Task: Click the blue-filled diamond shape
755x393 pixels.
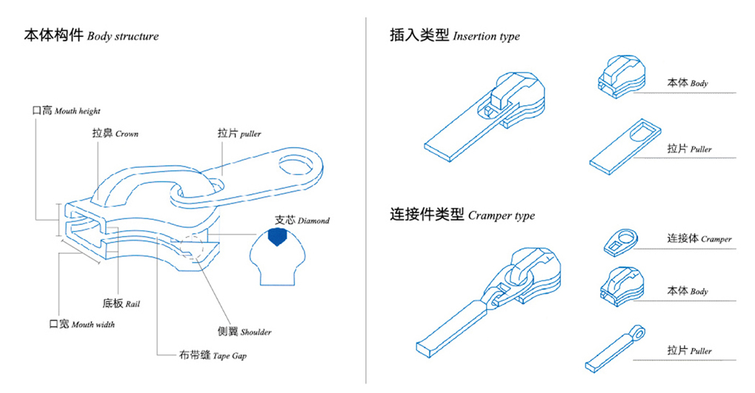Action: (277, 237)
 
